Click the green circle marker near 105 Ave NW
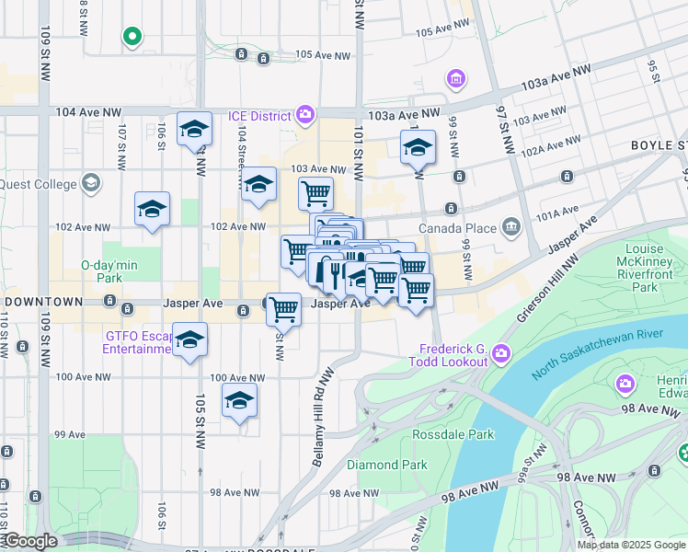pos(132,37)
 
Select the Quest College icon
pos(90,182)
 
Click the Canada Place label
pos(457,227)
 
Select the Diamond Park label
pos(386,465)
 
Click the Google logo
pos(29,541)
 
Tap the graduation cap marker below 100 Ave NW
pos(239,401)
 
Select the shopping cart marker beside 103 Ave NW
pos(315,193)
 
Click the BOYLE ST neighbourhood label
pos(659,146)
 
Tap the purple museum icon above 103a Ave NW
pos(455,80)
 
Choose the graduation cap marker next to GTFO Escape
pos(190,340)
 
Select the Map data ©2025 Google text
pos(630,545)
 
